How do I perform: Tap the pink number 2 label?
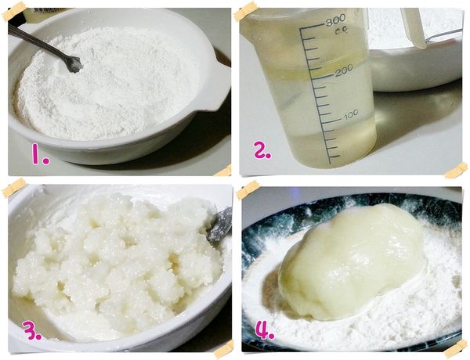(x=262, y=151)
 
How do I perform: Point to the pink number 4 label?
(x=264, y=331)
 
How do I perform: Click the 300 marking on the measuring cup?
(x=335, y=19)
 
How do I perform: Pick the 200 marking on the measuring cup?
(x=342, y=68)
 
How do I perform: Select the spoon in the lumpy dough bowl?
(x=220, y=225)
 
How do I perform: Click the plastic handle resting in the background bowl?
(x=414, y=27)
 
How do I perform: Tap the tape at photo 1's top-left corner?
(x=14, y=11)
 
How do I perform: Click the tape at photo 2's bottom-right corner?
(x=455, y=170)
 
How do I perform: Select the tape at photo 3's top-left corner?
(x=14, y=189)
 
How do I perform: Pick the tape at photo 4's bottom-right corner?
(x=455, y=347)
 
